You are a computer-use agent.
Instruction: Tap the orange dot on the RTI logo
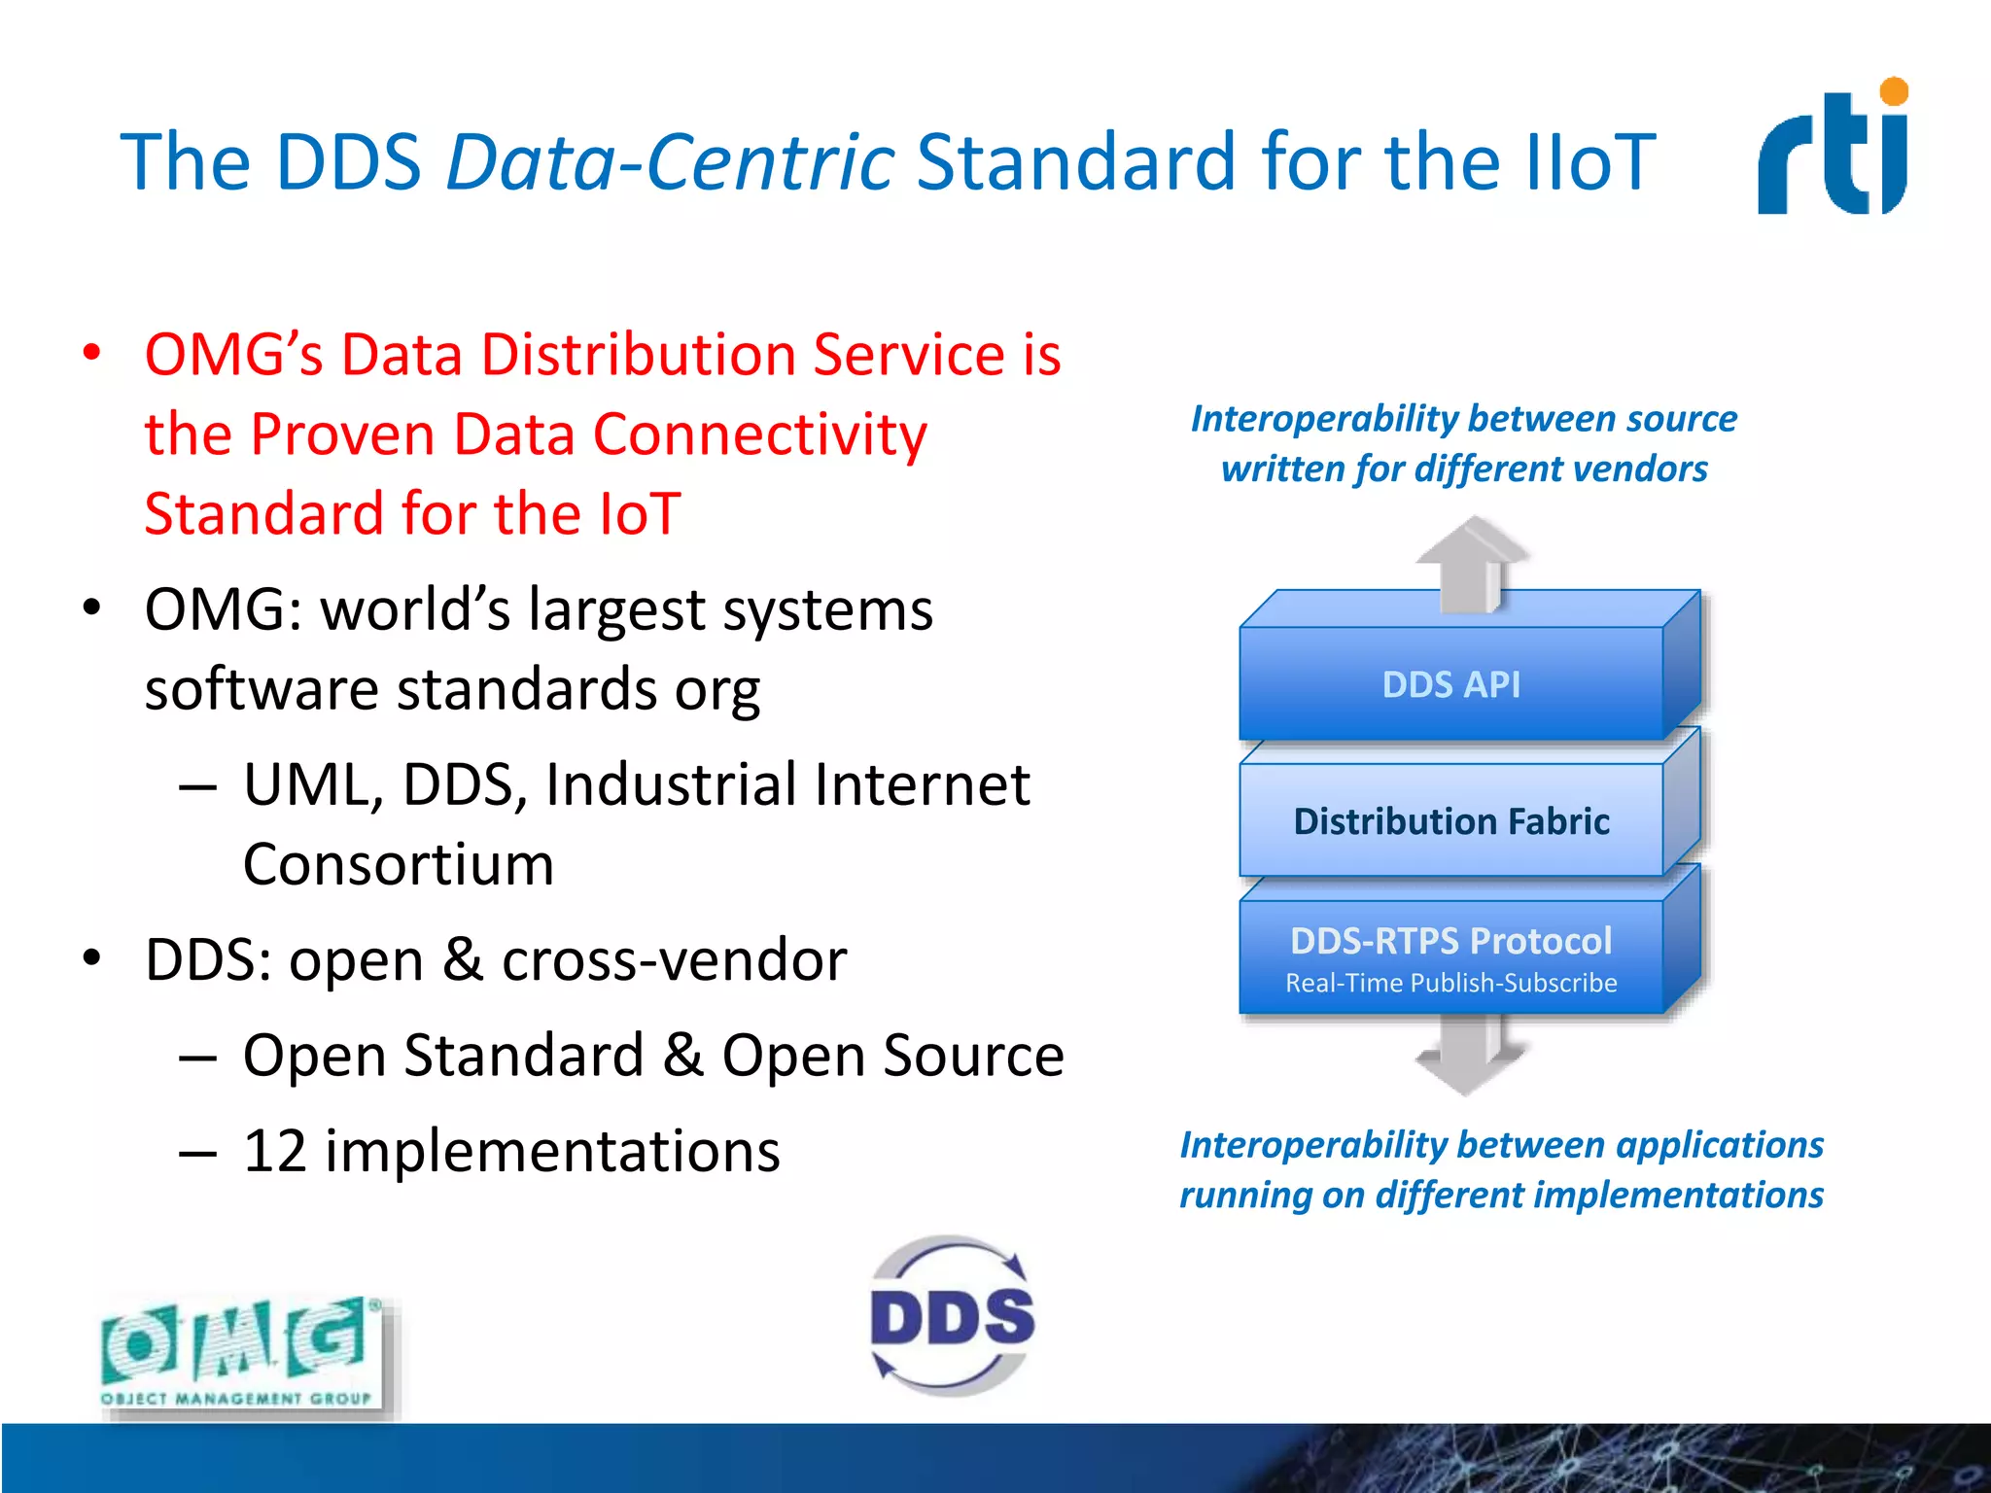(1894, 92)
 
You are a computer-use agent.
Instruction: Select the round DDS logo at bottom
(953, 1317)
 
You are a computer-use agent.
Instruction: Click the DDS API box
(1450, 684)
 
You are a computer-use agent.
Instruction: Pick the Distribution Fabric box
(1450, 821)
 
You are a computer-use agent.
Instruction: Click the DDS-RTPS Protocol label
(1450, 941)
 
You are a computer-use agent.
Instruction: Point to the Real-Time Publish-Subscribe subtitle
(1450, 984)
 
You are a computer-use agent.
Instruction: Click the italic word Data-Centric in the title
(670, 161)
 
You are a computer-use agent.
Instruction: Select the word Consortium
(399, 865)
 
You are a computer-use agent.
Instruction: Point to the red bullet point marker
(92, 353)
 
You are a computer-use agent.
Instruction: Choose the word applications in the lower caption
(1719, 1145)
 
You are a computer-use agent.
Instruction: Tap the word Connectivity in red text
(759, 434)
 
